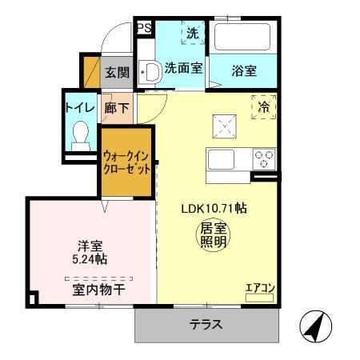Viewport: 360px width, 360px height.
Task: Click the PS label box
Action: (144, 29)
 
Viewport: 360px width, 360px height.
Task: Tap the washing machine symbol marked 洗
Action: (193, 34)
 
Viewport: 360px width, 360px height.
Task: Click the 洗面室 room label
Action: (183, 69)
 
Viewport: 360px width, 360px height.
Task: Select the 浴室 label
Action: (245, 70)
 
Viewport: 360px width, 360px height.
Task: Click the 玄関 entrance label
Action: (117, 73)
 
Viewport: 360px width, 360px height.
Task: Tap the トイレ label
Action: (80, 107)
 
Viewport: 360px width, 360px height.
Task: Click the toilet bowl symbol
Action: (80, 134)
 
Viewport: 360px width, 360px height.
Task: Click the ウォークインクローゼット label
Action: (126, 162)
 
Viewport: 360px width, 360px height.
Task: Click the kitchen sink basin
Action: (219, 158)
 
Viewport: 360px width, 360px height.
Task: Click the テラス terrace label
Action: (206, 325)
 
